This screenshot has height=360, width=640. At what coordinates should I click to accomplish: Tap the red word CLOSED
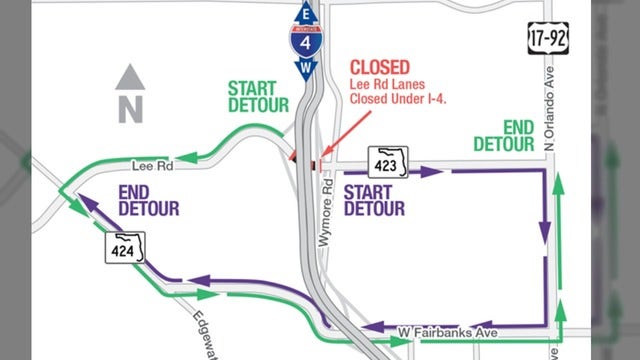pyautogui.click(x=379, y=67)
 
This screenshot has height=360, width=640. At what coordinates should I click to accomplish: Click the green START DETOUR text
pyautogui.click(x=258, y=96)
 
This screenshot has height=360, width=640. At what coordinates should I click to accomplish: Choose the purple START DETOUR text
pyautogui.click(x=373, y=199)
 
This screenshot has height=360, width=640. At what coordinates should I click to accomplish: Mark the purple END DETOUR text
pyautogui.click(x=148, y=199)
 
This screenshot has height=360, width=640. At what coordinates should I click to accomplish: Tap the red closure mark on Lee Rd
pyautogui.click(x=313, y=161)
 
